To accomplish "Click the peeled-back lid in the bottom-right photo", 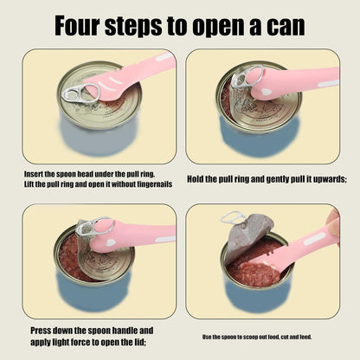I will point(246,234).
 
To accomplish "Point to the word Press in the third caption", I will point(43,330).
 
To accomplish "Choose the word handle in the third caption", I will point(127,330).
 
